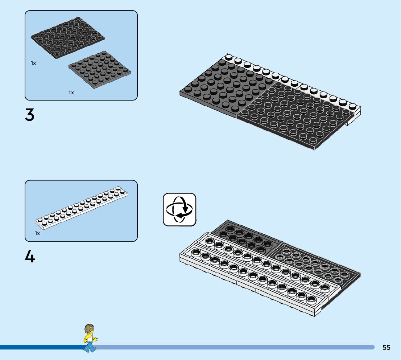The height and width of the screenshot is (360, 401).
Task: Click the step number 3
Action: coord(30,115)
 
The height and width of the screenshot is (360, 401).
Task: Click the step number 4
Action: coord(30,257)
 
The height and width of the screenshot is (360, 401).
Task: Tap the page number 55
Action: coord(386,347)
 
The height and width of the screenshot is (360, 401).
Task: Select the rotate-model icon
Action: coord(179,209)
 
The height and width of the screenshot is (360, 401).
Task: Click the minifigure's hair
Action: coord(89,328)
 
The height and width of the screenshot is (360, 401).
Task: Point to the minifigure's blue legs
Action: coord(89,347)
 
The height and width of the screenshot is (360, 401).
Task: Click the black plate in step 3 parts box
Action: coord(68,38)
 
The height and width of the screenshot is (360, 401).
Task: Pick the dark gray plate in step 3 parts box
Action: coord(100,69)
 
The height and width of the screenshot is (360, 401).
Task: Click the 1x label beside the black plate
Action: coord(33,63)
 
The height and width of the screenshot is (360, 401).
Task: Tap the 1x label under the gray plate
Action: coord(71,93)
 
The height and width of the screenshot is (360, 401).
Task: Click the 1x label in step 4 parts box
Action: coord(37,233)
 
